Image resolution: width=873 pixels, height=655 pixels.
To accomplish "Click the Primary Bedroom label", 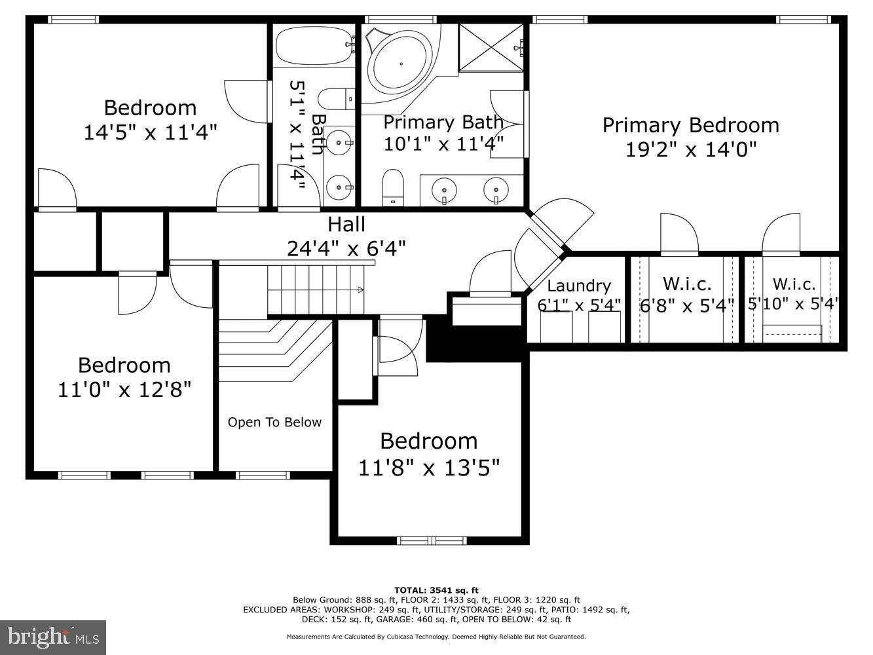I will point(690,125).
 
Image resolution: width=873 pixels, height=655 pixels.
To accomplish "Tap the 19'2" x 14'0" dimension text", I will point(690,150).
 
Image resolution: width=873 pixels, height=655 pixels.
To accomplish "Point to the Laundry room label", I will point(578,286).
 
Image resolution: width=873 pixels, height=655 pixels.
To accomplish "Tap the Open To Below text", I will point(274,422).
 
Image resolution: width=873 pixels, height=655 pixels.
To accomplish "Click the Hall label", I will point(346,225).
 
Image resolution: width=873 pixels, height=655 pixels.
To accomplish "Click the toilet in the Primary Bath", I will point(393,187).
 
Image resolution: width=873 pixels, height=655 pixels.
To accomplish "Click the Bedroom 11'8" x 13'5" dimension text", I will point(429,468).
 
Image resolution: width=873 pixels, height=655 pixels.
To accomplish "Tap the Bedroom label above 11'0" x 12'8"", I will point(124,365).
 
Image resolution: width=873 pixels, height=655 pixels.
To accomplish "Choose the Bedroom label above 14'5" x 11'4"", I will point(150,107).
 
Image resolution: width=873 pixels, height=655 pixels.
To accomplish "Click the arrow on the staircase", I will point(360,289).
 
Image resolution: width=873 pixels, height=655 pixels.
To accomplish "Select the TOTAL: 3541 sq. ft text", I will point(436,590).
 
